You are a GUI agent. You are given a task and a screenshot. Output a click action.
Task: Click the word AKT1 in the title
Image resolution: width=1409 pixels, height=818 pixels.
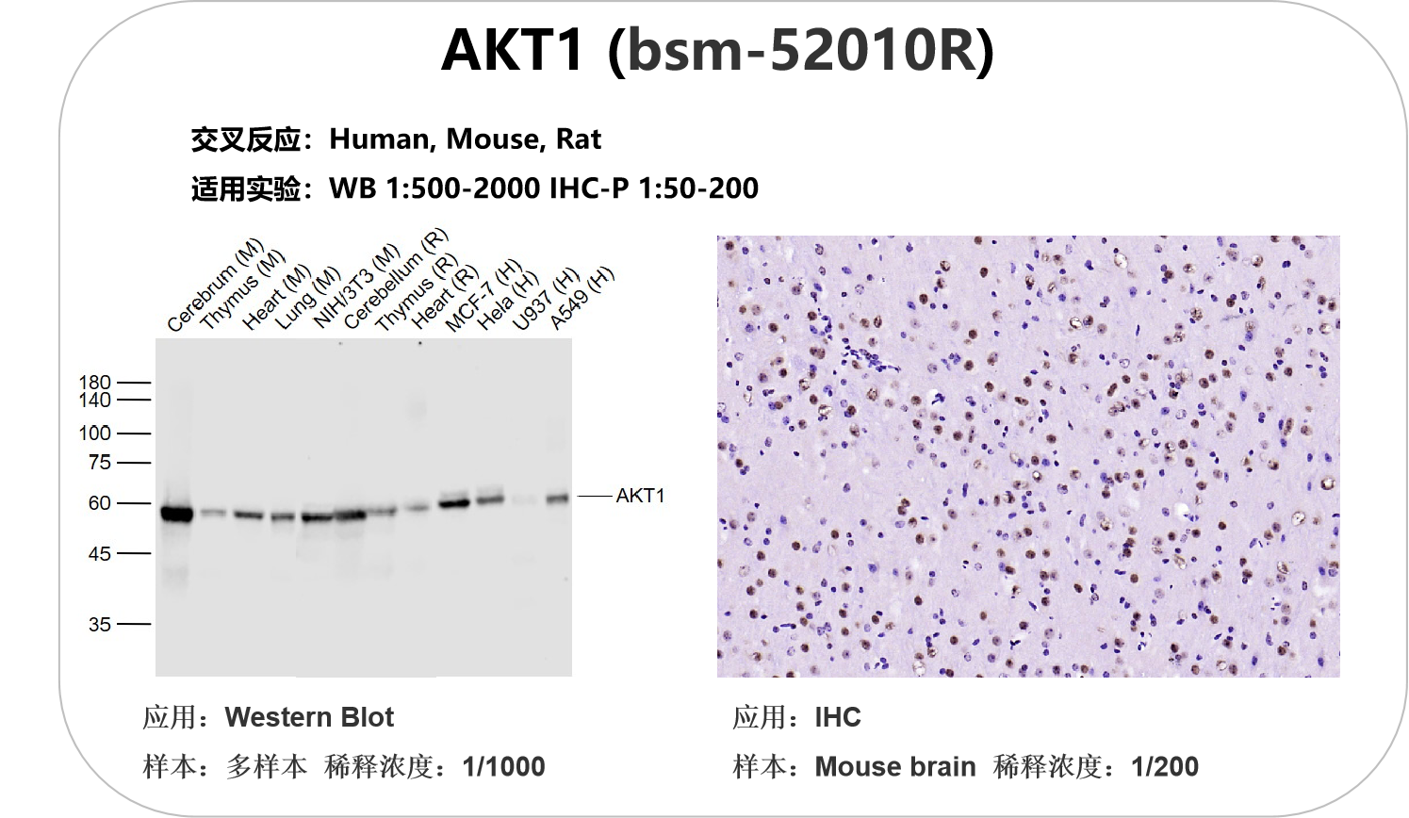click(x=513, y=50)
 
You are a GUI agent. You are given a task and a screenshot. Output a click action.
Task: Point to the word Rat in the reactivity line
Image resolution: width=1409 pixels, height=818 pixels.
click(x=578, y=139)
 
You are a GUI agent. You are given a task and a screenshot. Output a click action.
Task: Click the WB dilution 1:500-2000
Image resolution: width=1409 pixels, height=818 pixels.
click(x=463, y=188)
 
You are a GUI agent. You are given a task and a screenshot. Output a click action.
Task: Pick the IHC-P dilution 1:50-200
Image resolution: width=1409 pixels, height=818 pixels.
click(x=698, y=188)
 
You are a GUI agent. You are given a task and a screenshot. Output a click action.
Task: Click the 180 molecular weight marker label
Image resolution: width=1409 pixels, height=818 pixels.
click(x=94, y=383)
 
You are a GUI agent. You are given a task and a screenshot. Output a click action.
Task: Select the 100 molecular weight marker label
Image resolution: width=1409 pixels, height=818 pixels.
click(x=94, y=434)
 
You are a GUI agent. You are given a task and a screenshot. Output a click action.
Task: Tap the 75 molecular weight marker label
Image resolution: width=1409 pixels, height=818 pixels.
click(x=99, y=463)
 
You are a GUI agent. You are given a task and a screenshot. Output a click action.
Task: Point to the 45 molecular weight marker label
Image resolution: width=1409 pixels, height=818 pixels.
click(x=99, y=554)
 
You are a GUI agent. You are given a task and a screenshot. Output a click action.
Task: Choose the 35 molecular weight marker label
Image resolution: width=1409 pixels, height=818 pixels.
click(x=99, y=625)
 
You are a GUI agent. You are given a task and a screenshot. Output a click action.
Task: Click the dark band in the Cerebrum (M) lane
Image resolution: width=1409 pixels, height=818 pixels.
click(x=177, y=514)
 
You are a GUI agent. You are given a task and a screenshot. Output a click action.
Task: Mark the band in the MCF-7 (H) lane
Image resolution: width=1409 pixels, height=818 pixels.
click(x=454, y=503)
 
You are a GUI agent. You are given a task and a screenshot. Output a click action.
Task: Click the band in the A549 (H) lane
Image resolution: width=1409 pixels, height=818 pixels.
click(x=557, y=499)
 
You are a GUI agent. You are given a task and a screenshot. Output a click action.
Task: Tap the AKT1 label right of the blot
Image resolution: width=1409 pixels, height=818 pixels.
click(x=640, y=496)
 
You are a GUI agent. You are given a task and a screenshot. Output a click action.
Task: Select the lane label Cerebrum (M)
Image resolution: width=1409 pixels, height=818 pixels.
click(x=215, y=285)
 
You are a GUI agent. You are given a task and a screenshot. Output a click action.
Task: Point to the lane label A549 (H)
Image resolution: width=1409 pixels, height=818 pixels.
click(x=582, y=298)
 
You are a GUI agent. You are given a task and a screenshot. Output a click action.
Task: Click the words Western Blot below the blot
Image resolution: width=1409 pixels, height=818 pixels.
click(x=309, y=717)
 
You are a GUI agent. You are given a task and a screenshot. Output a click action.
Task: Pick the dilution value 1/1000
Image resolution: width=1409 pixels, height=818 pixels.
click(x=503, y=766)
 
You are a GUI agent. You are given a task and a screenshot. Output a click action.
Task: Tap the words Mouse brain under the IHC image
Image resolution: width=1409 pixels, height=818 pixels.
click(x=895, y=766)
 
